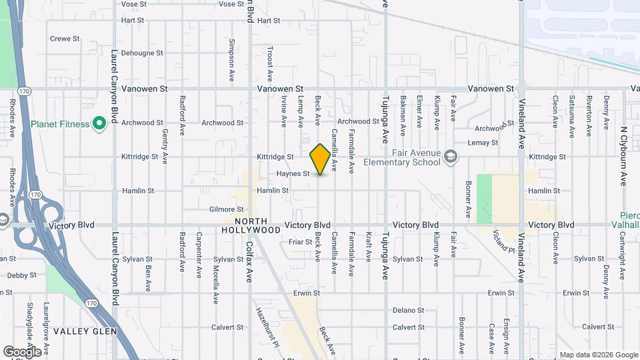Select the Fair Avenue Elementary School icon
coord(451,157)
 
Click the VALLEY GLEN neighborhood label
coord(85,331)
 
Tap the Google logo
coord(22,351)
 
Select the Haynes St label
coord(293,174)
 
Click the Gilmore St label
coord(226,209)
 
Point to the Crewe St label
coord(65,39)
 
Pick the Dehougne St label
coord(142,53)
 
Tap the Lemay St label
coord(483,143)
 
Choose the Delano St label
coord(408,310)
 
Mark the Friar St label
coord(301,241)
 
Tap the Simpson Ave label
coord(231,50)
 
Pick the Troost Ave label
coord(269,59)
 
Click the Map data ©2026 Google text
coord(598,355)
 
